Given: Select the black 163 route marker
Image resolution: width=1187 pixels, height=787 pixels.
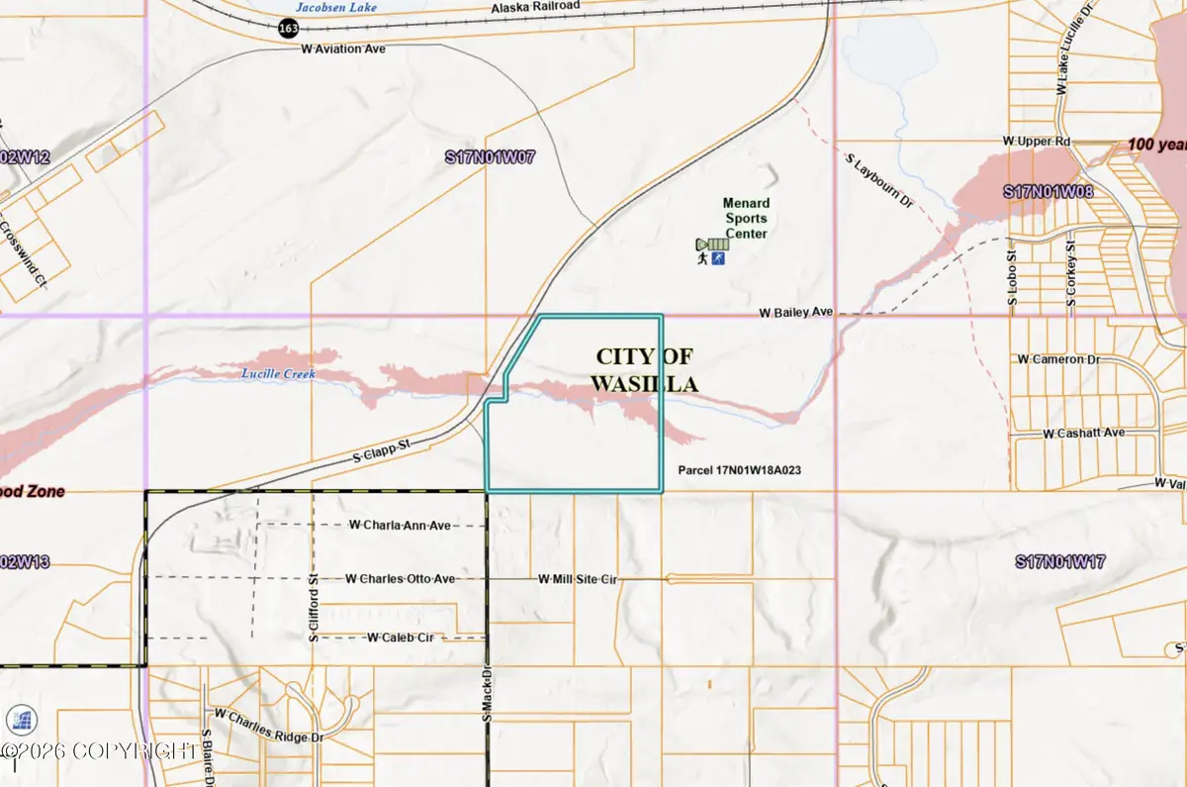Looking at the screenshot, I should [x=288, y=30].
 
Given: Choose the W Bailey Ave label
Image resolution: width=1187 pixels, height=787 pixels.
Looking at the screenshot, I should [x=796, y=312].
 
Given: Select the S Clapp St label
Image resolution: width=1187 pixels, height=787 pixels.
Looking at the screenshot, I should [x=382, y=454].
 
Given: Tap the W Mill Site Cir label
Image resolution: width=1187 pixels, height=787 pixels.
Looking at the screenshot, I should [x=578, y=578].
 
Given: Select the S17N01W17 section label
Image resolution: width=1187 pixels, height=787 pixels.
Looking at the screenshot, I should [x=1059, y=562].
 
